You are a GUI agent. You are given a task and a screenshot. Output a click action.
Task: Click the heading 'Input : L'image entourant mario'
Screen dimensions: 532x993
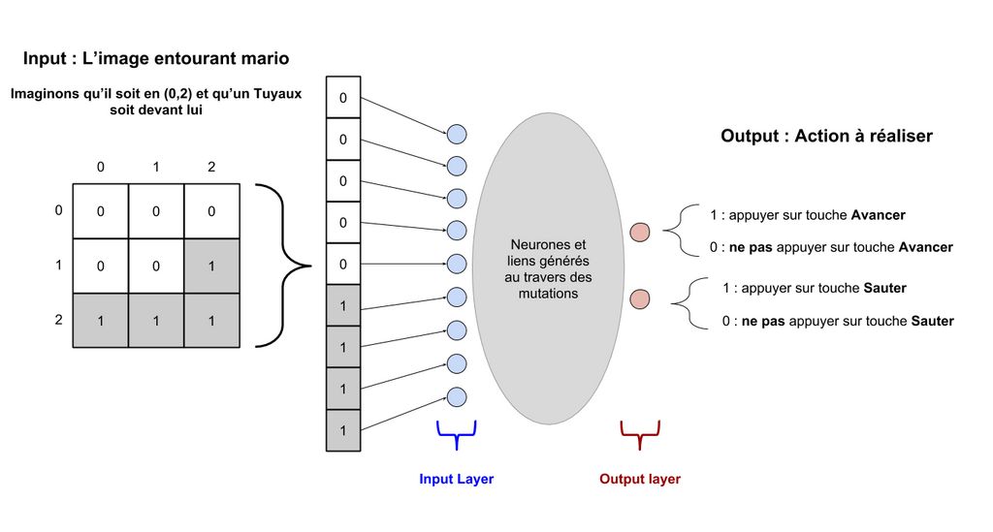click(x=155, y=59)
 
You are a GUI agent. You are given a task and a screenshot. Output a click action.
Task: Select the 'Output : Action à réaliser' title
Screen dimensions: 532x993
click(x=826, y=137)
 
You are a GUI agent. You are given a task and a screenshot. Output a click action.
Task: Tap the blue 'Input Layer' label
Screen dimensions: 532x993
click(x=456, y=479)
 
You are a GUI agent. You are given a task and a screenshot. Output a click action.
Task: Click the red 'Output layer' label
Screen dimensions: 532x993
click(x=639, y=479)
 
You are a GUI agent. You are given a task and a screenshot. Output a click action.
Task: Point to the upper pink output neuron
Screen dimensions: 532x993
click(x=640, y=232)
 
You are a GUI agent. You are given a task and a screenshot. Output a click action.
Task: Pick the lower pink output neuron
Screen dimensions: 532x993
click(x=640, y=298)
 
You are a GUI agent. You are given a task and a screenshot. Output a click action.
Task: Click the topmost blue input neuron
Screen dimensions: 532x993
click(x=457, y=134)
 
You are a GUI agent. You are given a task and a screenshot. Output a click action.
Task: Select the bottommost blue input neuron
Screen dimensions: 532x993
click(x=457, y=397)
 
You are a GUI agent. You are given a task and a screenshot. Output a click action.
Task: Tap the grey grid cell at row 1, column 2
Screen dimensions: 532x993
click(x=211, y=266)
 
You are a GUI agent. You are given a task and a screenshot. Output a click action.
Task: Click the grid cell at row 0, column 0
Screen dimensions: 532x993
click(x=101, y=211)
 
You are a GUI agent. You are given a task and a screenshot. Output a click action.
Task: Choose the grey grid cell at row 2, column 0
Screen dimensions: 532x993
click(x=101, y=319)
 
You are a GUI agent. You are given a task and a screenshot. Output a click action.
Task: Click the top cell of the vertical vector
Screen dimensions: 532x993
click(x=343, y=98)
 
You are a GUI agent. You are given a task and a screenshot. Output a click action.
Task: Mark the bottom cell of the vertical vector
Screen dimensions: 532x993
click(x=343, y=429)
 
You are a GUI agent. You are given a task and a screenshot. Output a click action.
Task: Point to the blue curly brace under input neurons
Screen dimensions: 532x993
click(x=457, y=433)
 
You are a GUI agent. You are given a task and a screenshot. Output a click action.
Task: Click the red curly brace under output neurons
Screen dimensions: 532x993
click(x=640, y=433)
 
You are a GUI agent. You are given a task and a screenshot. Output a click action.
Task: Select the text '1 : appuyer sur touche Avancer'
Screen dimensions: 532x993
click(x=808, y=215)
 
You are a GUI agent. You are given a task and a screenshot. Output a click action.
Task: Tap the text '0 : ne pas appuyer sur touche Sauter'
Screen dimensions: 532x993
click(x=838, y=321)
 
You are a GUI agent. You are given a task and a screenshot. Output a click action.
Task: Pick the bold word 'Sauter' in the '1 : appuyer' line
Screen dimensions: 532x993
click(x=884, y=289)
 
